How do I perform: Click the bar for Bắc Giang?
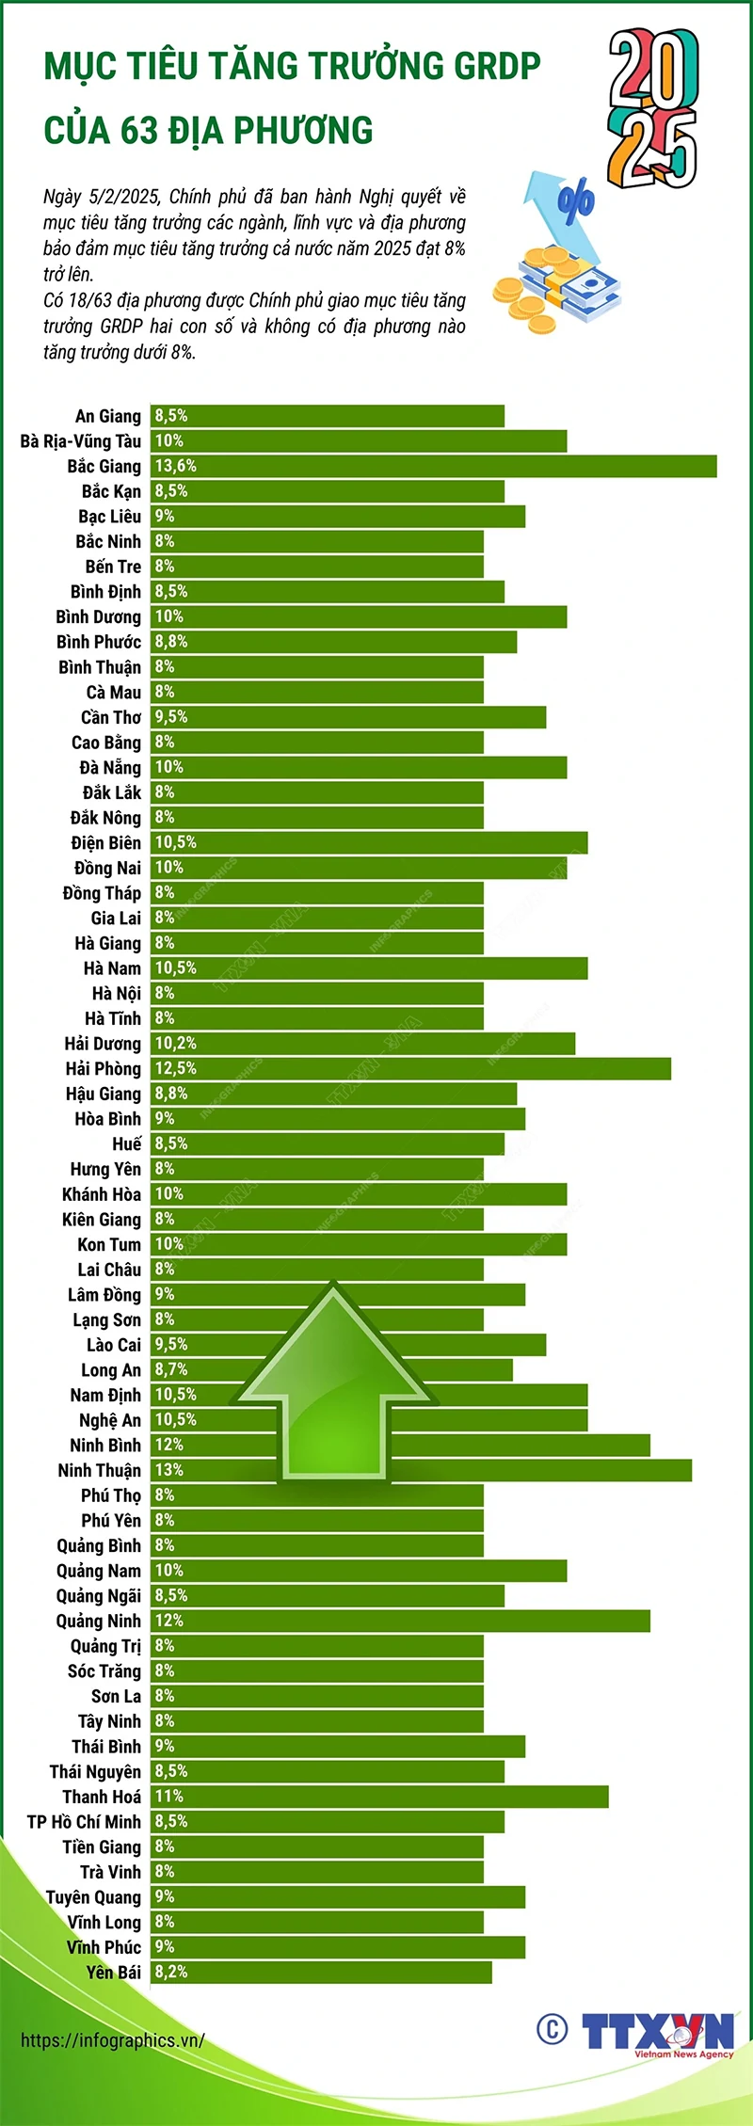pyautogui.click(x=433, y=466)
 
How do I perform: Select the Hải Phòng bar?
pyautogui.click(x=410, y=1068)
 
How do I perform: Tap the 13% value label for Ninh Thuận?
pyautogui.click(x=169, y=1470)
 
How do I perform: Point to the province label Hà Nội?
pyautogui.click(x=116, y=994)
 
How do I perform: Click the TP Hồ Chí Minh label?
pyautogui.click(x=84, y=1822)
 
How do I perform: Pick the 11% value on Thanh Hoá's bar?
pyautogui.click(x=169, y=1797)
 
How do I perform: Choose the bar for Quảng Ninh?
pyautogui.click(x=400, y=1621)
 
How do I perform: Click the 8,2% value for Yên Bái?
pyautogui.click(x=171, y=1972)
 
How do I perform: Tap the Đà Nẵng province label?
pyautogui.click(x=110, y=768)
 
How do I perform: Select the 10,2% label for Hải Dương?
pyautogui.click(x=176, y=1043)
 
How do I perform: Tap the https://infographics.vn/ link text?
pyautogui.click(x=112, y=2040)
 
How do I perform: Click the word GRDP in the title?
pyautogui.click(x=497, y=66)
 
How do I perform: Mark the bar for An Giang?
pyautogui.click(x=328, y=416)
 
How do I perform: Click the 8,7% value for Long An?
pyautogui.click(x=171, y=1369)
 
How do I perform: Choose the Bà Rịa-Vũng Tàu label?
pyautogui.click(x=81, y=441)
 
